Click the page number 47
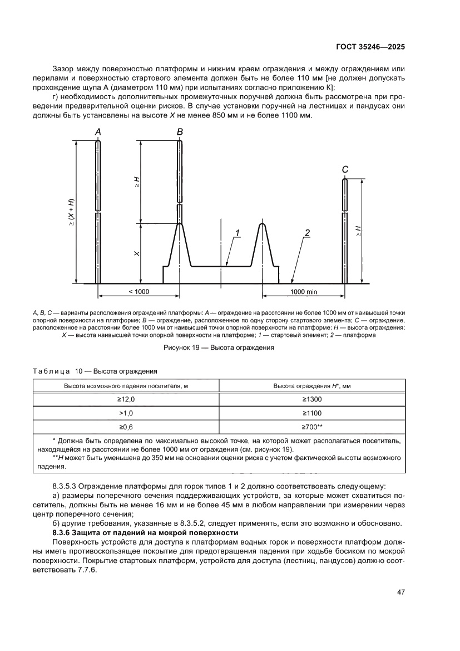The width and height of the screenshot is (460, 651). click(400, 591)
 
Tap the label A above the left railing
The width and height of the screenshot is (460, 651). click(98, 132)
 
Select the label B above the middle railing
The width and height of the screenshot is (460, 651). click(180, 132)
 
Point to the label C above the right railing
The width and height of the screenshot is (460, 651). click(345, 169)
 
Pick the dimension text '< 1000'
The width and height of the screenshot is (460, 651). click(139, 291)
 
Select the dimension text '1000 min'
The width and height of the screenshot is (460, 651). click(304, 291)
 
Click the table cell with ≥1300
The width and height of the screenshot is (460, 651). click(312, 399)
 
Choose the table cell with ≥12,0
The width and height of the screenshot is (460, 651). click(126, 399)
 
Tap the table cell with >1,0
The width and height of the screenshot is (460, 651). click(126, 413)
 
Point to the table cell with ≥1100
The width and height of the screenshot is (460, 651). click(312, 413)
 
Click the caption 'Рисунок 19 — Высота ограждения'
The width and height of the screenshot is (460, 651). click(219, 349)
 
